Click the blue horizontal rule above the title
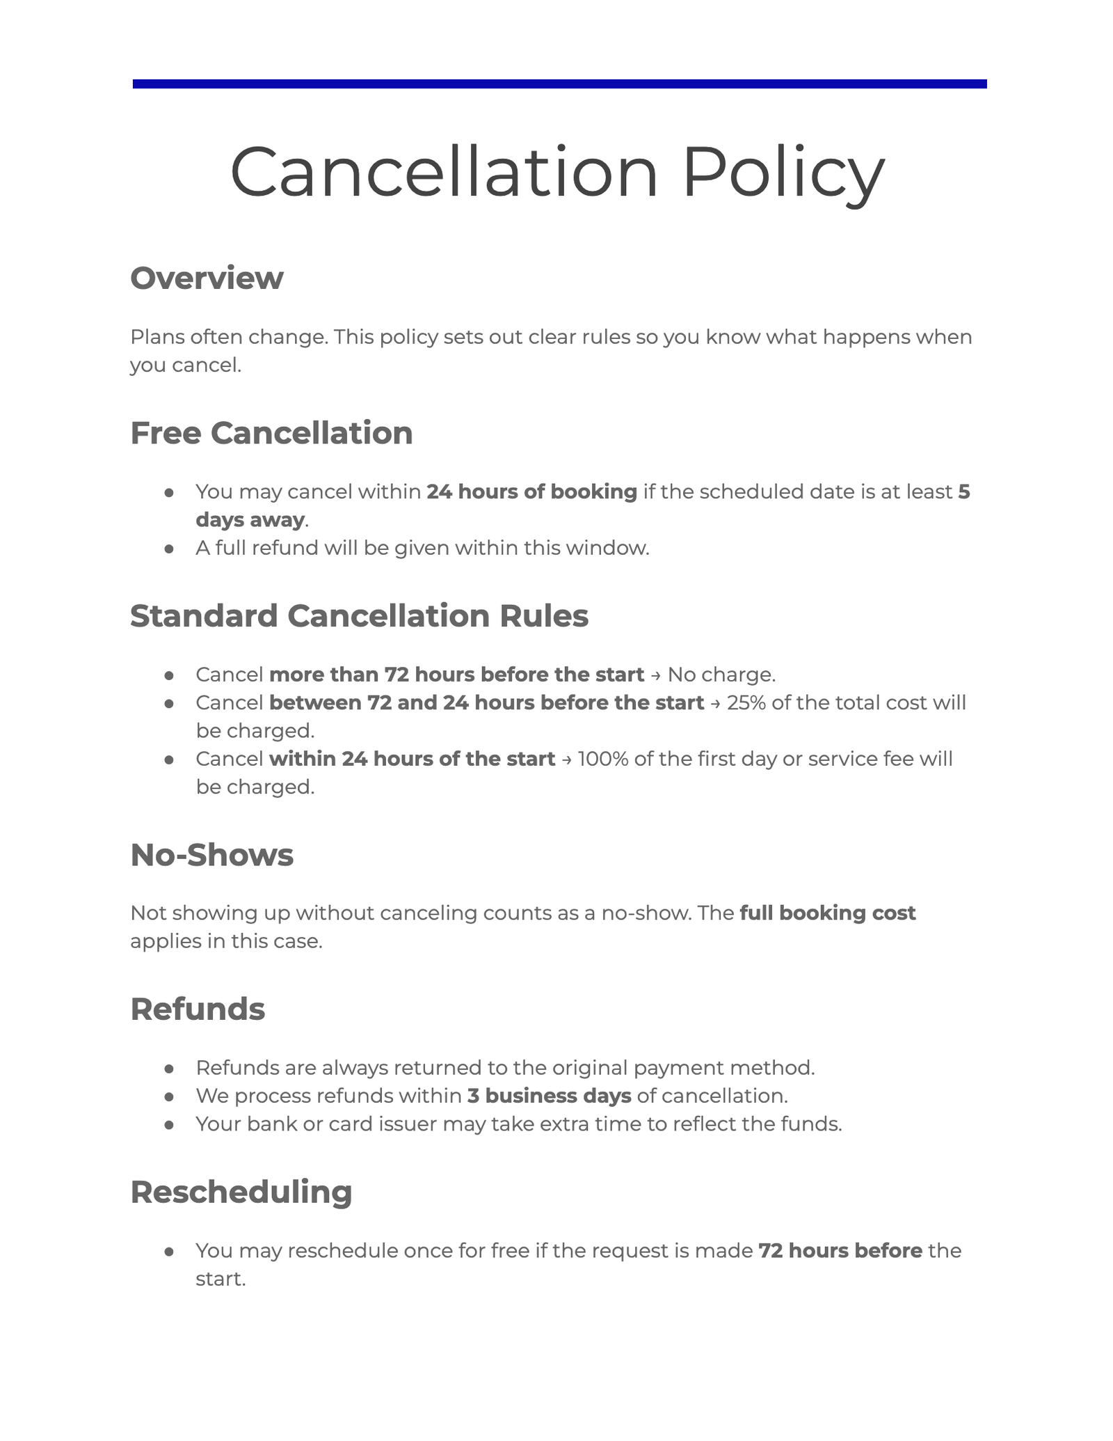559,84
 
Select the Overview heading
207,278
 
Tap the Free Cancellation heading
271,433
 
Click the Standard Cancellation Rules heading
359,616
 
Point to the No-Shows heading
211,855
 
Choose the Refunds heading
198,1009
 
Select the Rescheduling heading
241,1192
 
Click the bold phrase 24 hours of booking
531,492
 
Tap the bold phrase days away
250,520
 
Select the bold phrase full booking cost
827,913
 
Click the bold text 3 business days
549,1096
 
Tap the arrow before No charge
656,675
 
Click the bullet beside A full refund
168,549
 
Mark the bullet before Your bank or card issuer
168,1125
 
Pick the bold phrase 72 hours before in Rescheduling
840,1251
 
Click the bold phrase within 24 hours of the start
412,759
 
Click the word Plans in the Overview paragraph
157,338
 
